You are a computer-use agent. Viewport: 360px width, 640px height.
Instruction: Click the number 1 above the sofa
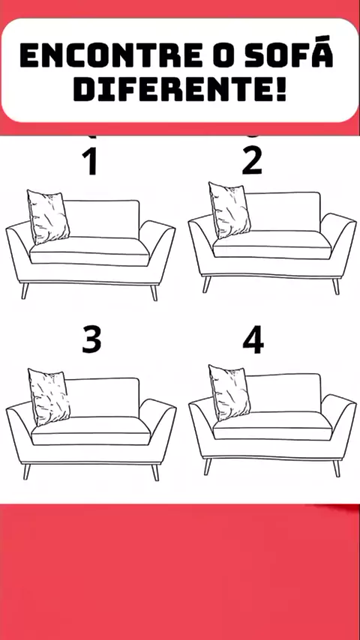click(91, 162)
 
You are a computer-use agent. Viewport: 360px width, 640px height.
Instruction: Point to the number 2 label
click(252, 162)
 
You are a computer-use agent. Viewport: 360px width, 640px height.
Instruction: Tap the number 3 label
click(91, 339)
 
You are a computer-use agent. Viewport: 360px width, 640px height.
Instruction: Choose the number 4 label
click(253, 339)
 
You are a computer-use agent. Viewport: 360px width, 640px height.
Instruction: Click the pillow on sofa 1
click(48, 217)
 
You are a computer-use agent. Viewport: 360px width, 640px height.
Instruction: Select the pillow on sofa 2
click(229, 210)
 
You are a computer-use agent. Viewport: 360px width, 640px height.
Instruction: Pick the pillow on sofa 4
click(229, 393)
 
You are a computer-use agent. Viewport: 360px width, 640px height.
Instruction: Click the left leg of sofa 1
click(25, 291)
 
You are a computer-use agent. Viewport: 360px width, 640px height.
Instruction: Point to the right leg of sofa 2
click(336, 286)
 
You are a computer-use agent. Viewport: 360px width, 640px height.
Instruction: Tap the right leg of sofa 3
click(155, 472)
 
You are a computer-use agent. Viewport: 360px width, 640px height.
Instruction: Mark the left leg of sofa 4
click(207, 467)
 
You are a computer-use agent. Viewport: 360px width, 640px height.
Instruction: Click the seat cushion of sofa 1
click(89, 253)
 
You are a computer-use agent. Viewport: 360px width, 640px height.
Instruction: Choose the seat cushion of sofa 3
click(91, 431)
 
